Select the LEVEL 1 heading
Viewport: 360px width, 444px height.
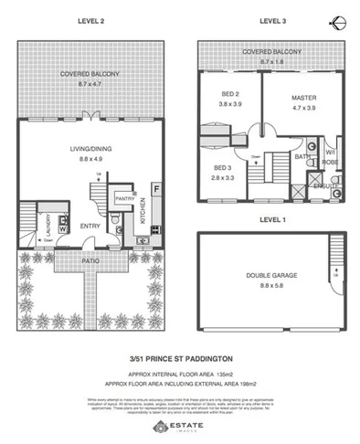pos(273,219)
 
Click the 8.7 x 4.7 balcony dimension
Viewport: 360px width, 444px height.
pos(90,82)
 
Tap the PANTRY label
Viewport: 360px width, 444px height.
pos(124,197)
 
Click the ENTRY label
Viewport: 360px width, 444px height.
pos(90,226)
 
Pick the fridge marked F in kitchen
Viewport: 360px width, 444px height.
pos(157,190)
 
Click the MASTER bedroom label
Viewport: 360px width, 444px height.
pos(302,97)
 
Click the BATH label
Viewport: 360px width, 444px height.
pos(302,157)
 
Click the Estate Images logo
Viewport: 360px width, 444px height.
pos(180,427)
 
